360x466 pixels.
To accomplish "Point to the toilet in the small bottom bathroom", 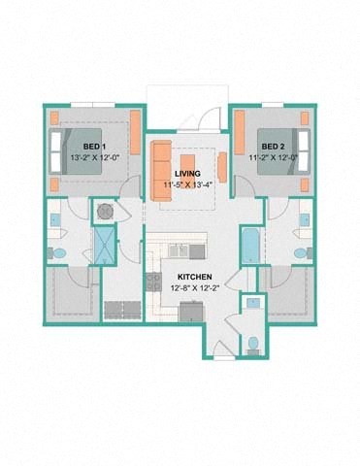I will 252,342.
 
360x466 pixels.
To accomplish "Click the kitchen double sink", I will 179,251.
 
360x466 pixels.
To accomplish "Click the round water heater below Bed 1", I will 104,210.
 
